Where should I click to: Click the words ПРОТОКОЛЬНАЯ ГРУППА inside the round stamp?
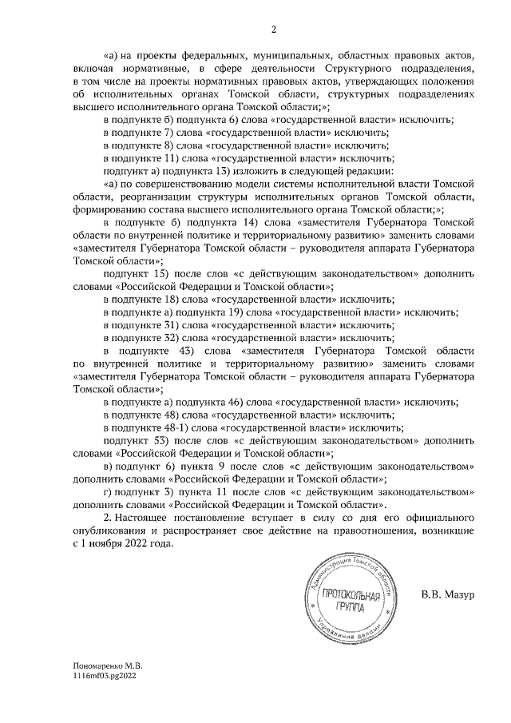[346, 601]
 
